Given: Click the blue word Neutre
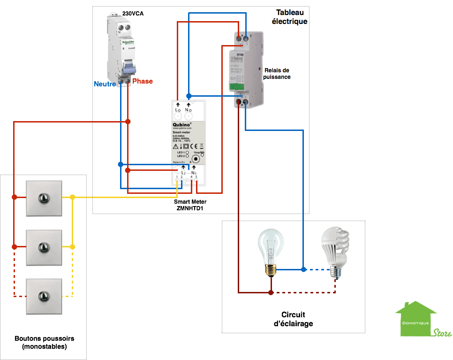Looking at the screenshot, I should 105,84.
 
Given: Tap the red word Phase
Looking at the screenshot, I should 143,81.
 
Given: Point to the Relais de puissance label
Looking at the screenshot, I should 277,73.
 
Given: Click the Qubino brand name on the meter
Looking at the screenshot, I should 183,124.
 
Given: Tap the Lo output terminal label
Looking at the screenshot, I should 178,110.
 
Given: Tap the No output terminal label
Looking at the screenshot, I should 189,110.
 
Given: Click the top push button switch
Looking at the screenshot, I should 44,198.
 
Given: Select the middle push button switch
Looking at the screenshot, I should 44,246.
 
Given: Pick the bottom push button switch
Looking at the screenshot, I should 44,296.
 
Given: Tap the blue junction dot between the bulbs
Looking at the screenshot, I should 303,269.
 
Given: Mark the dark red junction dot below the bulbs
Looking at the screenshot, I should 271,292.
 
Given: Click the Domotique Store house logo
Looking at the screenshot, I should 422,319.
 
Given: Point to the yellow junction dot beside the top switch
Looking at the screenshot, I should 72,198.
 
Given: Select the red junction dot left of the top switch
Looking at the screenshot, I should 15,197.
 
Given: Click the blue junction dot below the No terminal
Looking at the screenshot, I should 189,94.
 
